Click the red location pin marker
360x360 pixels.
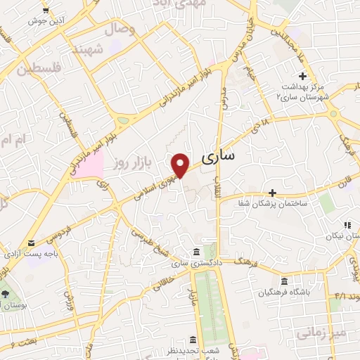(181, 165)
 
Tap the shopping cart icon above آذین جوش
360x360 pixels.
(46, 10)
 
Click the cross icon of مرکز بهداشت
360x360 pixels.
(302, 76)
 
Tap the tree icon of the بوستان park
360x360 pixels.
(6, 292)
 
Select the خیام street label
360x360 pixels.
(250, 70)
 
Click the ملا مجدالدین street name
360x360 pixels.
(290, 35)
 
